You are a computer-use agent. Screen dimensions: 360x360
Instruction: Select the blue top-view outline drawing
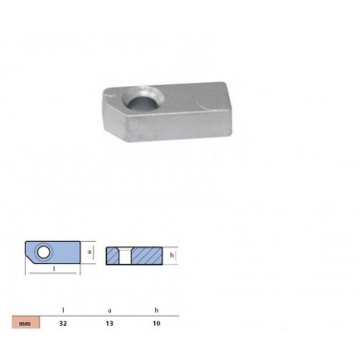pyautogui.click(x=51, y=251)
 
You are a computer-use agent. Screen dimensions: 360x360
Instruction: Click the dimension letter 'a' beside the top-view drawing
pyautogui.click(x=90, y=250)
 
